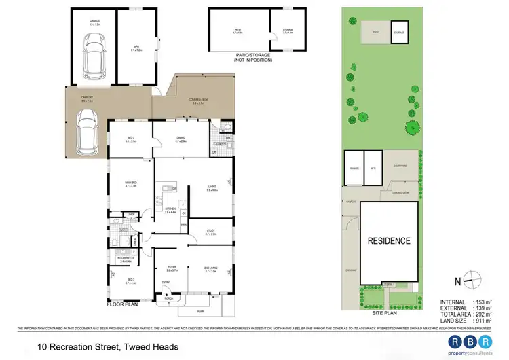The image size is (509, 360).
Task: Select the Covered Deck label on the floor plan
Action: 197,101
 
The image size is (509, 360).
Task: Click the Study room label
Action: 210,232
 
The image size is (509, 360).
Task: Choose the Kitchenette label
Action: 124,259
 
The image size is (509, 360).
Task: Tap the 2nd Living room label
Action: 210,270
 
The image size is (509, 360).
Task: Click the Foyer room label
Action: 172,268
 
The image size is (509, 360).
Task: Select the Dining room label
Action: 181,140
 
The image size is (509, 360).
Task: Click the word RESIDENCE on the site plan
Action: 389,240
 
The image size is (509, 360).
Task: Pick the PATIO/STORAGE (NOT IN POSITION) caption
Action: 252,58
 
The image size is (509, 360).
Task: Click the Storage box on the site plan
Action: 398,32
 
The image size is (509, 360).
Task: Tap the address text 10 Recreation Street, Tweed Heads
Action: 108,347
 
